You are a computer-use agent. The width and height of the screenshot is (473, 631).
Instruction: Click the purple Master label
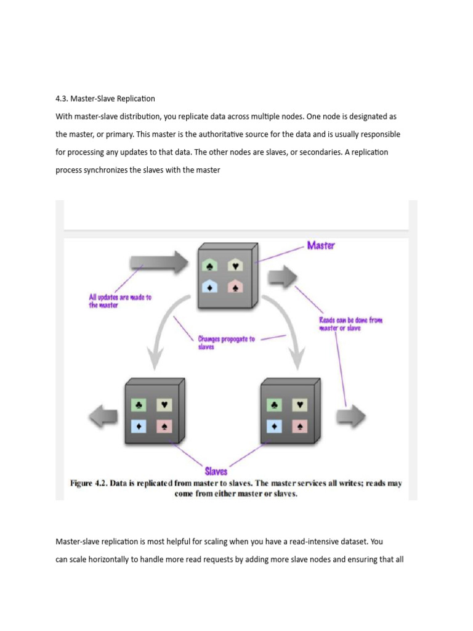click(x=321, y=246)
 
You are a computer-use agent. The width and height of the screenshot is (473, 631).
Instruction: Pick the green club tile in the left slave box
click(x=139, y=405)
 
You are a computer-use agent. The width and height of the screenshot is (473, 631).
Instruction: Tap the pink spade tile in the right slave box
click(x=299, y=426)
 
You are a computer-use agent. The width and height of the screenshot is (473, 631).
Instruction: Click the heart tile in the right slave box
click(x=299, y=405)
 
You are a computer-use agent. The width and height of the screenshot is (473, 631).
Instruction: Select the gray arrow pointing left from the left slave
click(x=103, y=417)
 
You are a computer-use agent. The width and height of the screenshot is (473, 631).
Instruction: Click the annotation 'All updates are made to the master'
click(x=120, y=301)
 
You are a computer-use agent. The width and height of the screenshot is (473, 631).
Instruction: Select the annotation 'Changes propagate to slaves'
click(x=226, y=343)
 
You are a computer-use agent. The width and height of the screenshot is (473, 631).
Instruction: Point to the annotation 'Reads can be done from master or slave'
click(x=350, y=324)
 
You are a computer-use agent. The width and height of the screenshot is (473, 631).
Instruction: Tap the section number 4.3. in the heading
click(x=63, y=98)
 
